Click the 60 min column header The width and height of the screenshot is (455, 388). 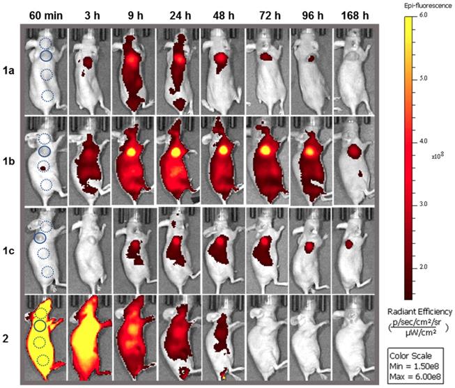[x=46, y=13]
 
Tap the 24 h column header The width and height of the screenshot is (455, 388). [x=178, y=13]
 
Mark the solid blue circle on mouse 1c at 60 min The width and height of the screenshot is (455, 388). [x=40, y=238]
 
